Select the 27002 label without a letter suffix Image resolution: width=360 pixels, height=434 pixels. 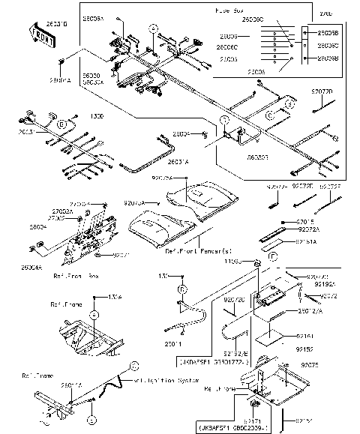tap(55, 218)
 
